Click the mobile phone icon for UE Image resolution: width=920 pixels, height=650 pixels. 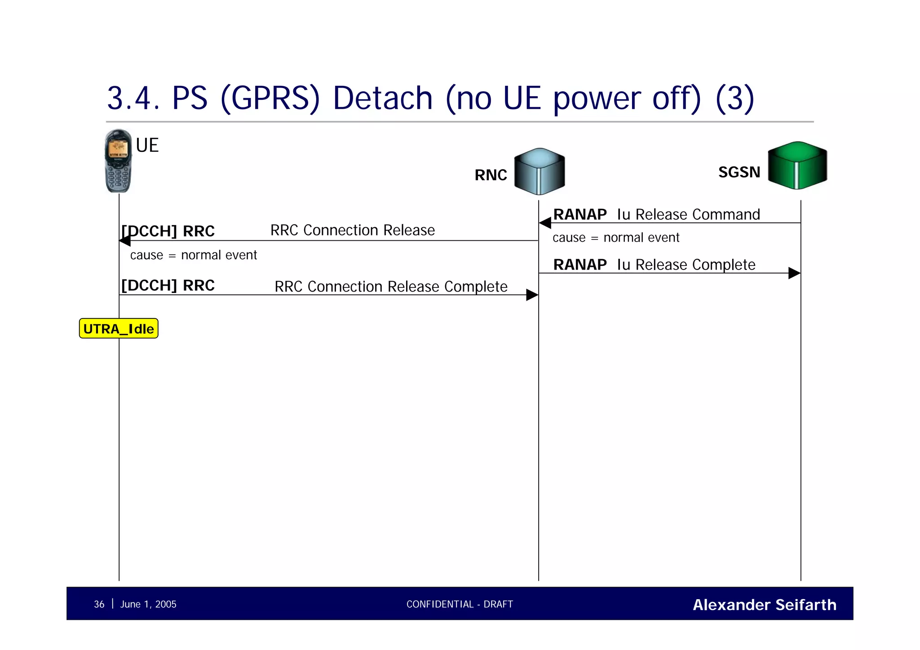click(118, 161)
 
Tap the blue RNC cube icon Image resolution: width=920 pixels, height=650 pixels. click(539, 171)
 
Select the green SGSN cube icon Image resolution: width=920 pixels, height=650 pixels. click(797, 165)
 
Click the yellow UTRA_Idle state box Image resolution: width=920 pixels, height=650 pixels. click(119, 328)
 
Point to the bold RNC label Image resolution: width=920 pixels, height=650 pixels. click(491, 175)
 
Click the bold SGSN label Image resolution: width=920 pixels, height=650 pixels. click(739, 172)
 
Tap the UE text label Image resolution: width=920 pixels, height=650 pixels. click(147, 145)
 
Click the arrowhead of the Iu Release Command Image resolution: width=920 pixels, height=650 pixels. click(545, 223)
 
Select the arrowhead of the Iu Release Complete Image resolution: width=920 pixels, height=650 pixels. click(794, 273)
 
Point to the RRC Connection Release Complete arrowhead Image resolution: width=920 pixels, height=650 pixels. click(532, 295)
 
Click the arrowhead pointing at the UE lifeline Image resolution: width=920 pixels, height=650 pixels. click(125, 241)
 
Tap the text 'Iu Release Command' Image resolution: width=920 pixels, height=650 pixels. click(688, 214)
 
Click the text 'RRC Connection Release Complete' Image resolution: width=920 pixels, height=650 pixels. click(391, 286)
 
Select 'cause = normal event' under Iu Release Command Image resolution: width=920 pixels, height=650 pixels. click(615, 237)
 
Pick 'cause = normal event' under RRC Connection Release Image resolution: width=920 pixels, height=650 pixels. click(193, 255)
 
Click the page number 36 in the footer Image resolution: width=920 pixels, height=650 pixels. click(99, 604)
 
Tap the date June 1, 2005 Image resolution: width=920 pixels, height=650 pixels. click(148, 604)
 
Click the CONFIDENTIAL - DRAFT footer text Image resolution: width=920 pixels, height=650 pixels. click(460, 604)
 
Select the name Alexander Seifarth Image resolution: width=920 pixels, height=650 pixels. click(764, 605)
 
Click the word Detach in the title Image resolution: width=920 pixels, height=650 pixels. click(382, 98)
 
